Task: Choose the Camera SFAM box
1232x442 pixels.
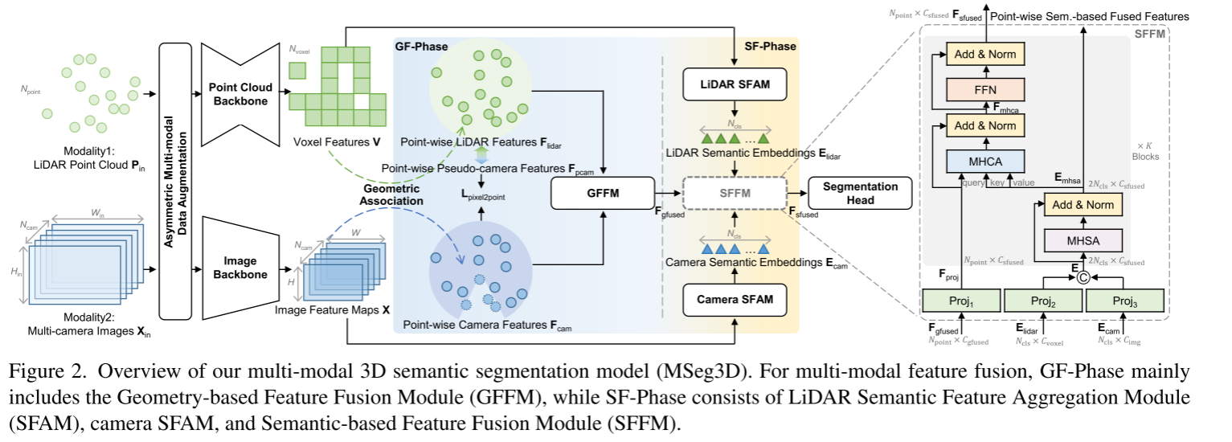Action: (734, 300)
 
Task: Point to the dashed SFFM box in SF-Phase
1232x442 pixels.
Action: (734, 194)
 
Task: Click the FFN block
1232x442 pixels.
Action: (984, 88)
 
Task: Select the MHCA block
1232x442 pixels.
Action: (984, 162)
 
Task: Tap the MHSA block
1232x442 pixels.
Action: (1081, 240)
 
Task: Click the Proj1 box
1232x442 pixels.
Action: (961, 301)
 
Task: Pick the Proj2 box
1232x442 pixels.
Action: (1044, 301)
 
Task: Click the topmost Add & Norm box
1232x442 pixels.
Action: (984, 55)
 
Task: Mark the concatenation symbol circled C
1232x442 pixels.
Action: (1083, 277)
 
